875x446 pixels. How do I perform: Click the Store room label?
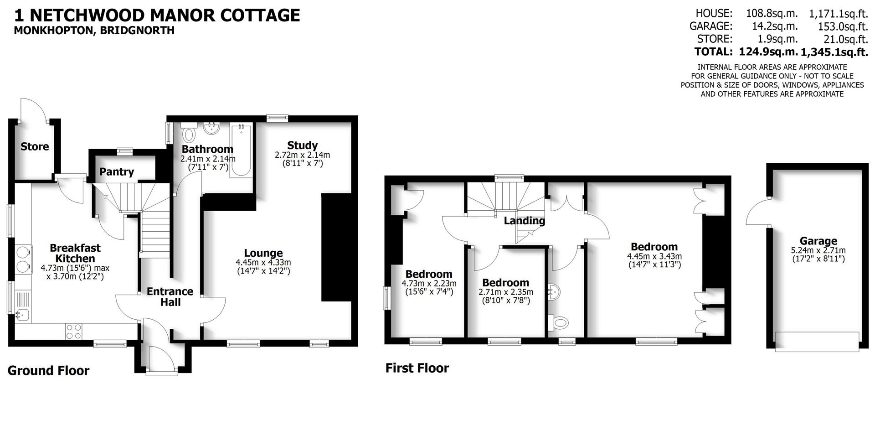(35, 147)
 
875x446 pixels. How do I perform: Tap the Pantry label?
(117, 172)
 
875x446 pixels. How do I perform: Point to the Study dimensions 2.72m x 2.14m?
(302, 155)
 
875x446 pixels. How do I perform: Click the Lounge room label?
(263, 253)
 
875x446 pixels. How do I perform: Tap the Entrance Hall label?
(170, 296)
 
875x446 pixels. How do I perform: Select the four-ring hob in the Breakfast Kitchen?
(73, 331)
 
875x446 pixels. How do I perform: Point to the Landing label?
(524, 221)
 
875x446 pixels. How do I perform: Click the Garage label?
(818, 241)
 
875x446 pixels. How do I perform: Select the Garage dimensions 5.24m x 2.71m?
(818, 250)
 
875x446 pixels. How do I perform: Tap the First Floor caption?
(417, 368)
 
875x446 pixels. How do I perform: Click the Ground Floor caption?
(48, 371)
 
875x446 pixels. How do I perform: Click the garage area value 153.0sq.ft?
(843, 26)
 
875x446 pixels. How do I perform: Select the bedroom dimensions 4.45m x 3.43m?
(654, 256)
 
